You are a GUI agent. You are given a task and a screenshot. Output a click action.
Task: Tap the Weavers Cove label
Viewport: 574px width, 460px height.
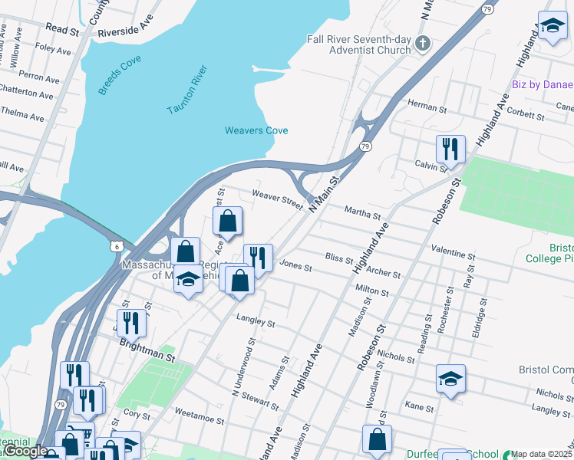click(x=256, y=130)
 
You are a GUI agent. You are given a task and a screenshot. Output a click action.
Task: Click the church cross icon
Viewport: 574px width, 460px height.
click(x=422, y=43)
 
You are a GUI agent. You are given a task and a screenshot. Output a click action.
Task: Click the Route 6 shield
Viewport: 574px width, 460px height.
click(x=116, y=245)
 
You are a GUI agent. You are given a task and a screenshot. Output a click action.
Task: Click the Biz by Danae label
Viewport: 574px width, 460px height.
click(x=542, y=84)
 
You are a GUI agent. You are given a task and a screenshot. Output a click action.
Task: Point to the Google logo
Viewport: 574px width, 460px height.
click(x=26, y=451)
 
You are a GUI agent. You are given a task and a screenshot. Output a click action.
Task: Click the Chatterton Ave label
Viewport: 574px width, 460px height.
click(x=27, y=94)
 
